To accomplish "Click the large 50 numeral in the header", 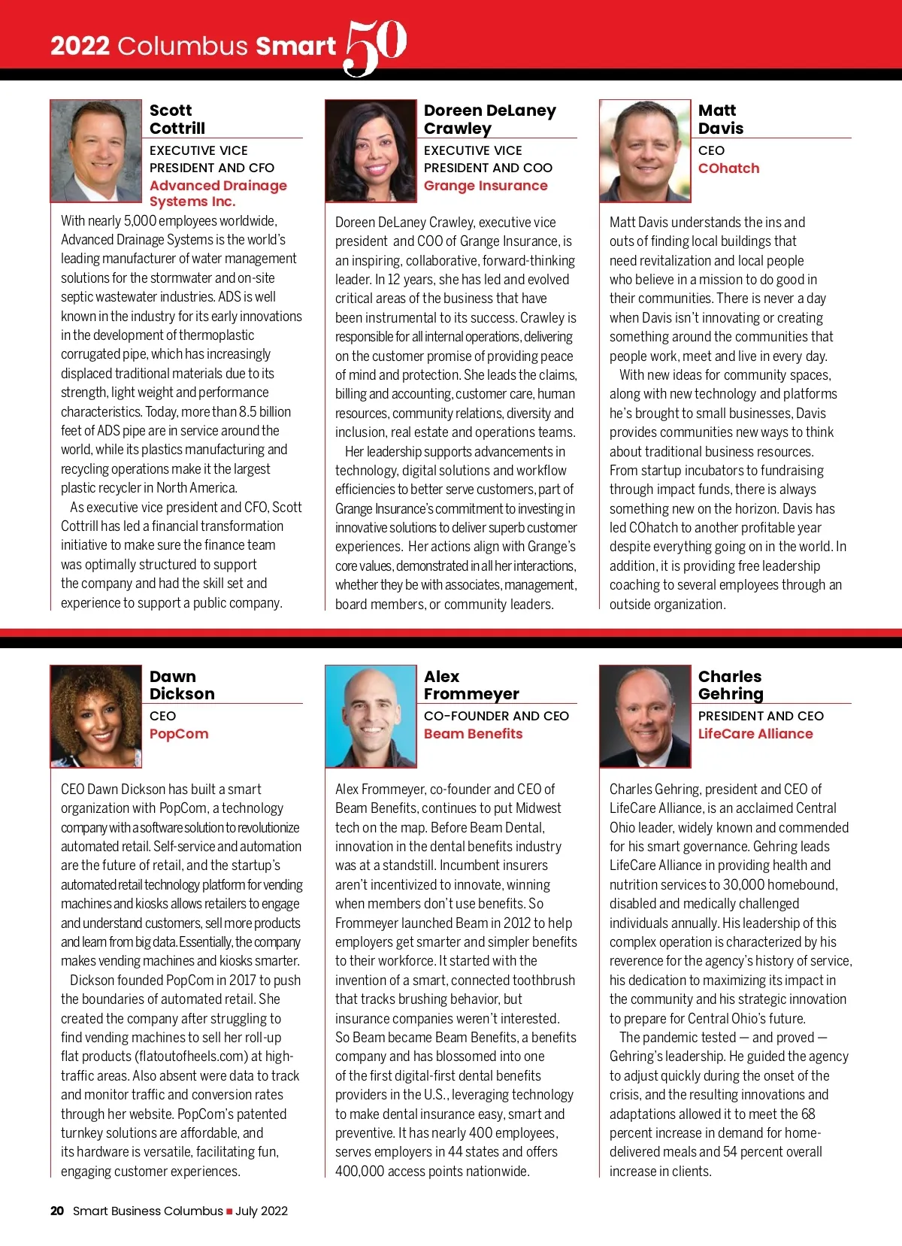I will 376,47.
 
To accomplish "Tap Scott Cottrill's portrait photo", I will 96,150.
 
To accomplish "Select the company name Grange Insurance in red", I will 486,186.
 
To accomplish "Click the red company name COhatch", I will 728,168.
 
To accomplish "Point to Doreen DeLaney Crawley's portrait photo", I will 371,150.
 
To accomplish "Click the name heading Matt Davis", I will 720,120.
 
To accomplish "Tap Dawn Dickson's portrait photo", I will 96,716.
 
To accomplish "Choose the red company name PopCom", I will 179,734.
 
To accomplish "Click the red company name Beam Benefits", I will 473,734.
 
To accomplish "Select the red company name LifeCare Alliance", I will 755,734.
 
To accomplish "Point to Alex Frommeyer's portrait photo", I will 371,716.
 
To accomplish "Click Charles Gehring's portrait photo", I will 645,716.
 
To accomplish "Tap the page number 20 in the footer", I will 57,1211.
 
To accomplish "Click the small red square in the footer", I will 229,1211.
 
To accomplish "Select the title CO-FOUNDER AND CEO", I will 496,716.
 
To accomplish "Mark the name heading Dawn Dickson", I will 182,685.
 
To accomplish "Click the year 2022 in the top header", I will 80,47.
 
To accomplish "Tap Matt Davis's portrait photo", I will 645,150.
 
